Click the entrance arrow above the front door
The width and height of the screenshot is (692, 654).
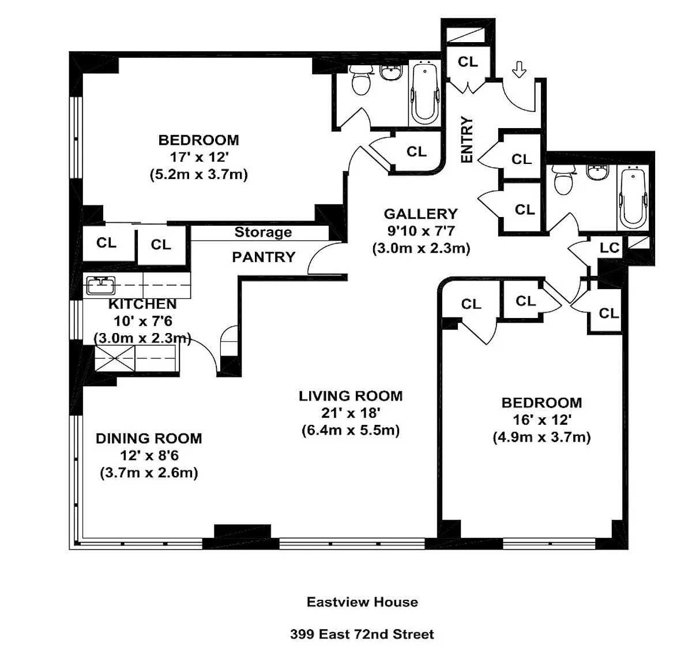coord(519,69)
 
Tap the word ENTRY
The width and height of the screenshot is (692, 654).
coord(467,140)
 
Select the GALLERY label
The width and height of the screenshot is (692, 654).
coord(420,214)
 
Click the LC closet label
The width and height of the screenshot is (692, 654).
coord(610,248)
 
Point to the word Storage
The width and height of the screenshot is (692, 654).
coord(263,232)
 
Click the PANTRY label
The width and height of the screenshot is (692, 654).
coord(264,257)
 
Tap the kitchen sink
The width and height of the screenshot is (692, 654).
coord(101,285)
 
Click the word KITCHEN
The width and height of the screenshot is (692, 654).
coord(142,304)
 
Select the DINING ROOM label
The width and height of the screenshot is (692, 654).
coord(149,439)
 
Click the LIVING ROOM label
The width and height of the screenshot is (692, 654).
coord(351,396)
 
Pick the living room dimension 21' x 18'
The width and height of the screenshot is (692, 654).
coord(351,413)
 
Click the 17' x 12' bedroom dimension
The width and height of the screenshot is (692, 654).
coord(199,158)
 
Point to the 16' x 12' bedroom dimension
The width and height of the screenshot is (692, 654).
coord(542,420)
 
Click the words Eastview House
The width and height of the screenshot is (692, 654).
coord(362,602)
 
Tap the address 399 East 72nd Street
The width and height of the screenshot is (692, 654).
coord(362,634)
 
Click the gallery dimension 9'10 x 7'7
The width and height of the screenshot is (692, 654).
coord(420,231)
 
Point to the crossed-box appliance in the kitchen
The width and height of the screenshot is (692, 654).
coord(115,358)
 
